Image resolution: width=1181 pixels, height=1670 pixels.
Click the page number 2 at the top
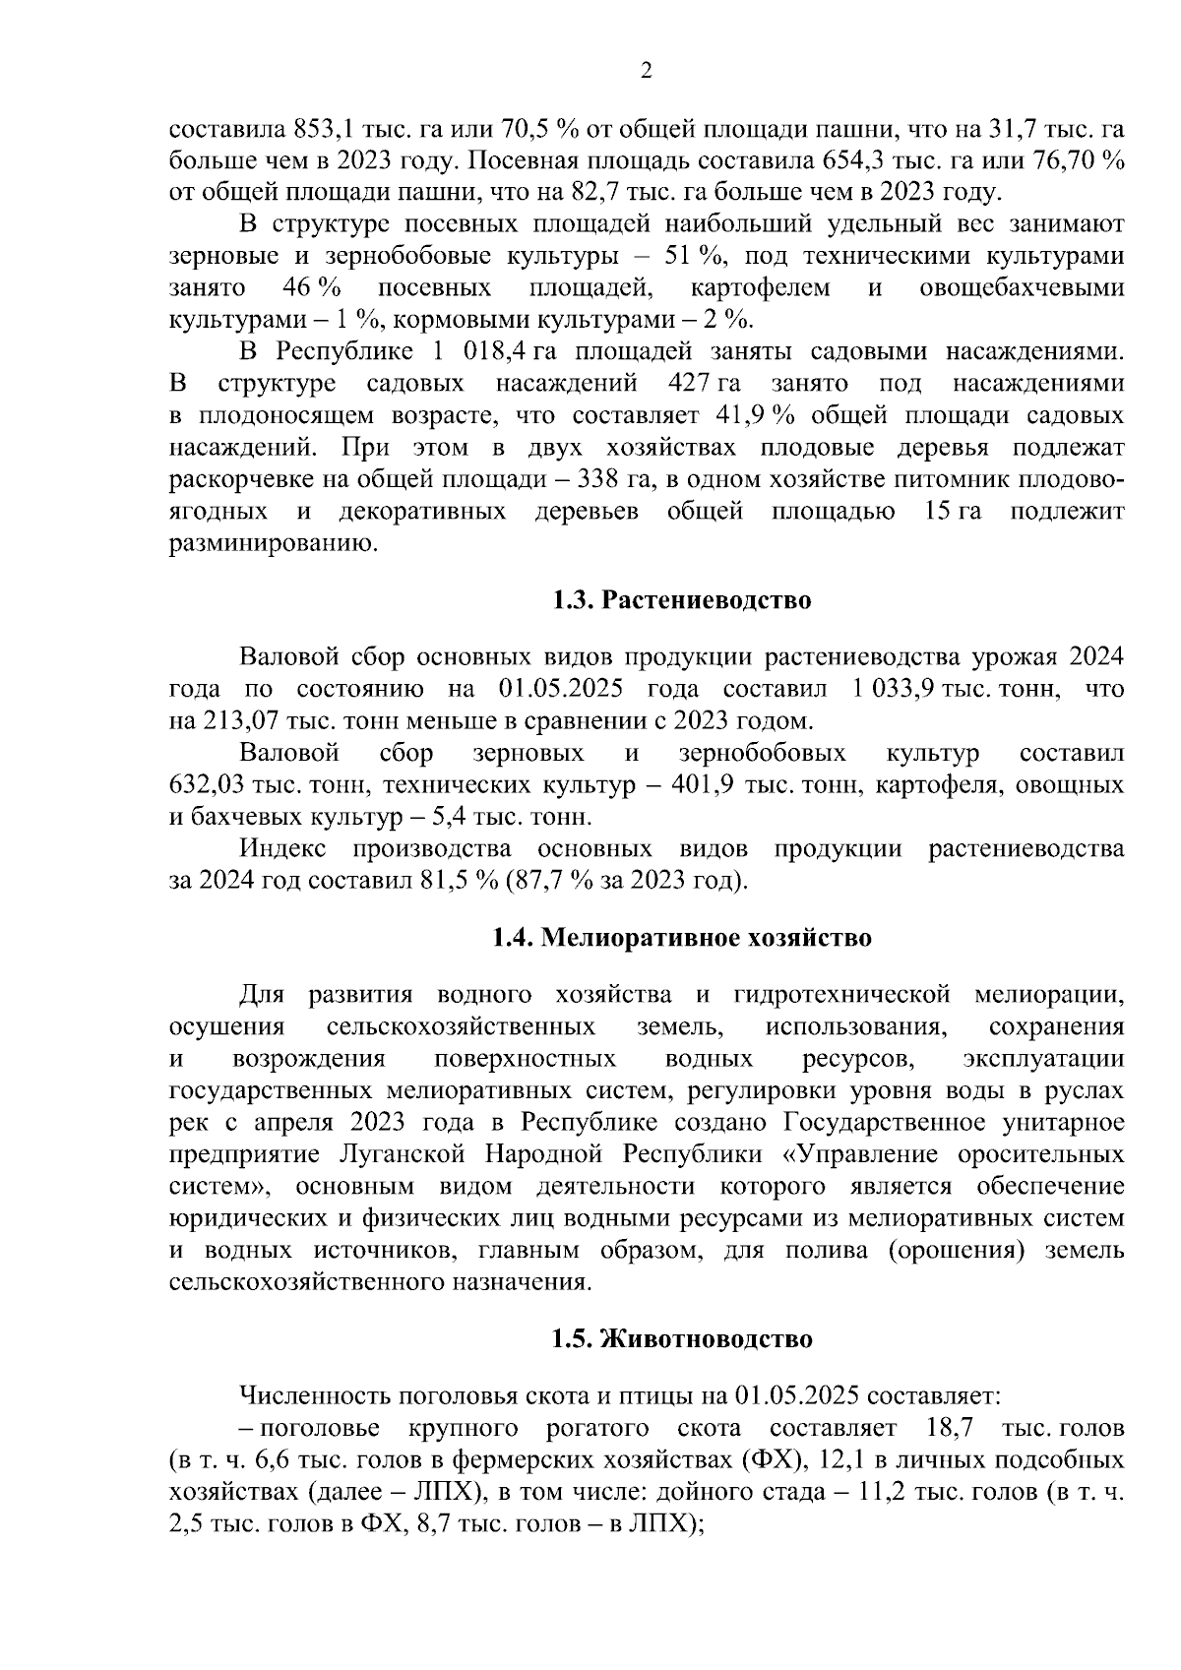pos(647,70)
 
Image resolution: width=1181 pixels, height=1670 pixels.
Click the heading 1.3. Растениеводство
pos(681,599)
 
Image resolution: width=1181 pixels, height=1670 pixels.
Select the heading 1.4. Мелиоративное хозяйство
pos(681,937)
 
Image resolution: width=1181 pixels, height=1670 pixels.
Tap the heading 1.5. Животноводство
pos(681,1338)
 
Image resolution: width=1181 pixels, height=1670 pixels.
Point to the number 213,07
pos(242,721)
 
